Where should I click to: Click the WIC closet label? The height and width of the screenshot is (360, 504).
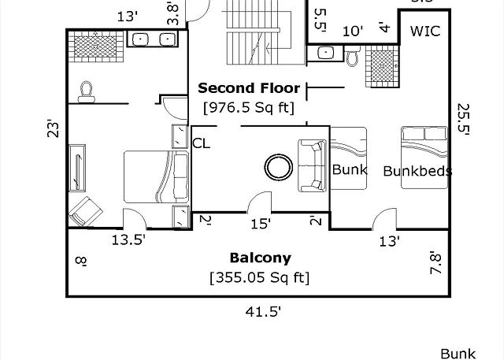pyautogui.click(x=425, y=32)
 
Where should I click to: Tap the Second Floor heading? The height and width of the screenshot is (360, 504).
pyautogui.click(x=249, y=87)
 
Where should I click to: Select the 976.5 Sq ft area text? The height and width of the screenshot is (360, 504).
pyautogui.click(x=249, y=107)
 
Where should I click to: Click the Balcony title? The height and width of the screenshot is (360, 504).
pyautogui.click(x=261, y=258)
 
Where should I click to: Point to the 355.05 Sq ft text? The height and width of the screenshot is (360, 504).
pyautogui.click(x=260, y=277)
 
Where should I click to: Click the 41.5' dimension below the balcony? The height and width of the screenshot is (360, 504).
pyautogui.click(x=263, y=311)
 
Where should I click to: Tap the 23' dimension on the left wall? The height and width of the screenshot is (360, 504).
pyautogui.click(x=54, y=128)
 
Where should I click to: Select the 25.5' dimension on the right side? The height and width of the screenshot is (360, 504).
pyautogui.click(x=463, y=119)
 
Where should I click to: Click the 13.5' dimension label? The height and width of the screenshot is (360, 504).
pyautogui.click(x=128, y=239)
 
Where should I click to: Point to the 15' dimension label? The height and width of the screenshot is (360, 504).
pyautogui.click(x=261, y=224)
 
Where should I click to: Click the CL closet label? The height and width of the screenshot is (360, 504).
pyautogui.click(x=202, y=143)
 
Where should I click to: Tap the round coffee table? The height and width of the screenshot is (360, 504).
pyautogui.click(x=278, y=167)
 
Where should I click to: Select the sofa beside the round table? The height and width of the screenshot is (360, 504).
pyautogui.click(x=312, y=165)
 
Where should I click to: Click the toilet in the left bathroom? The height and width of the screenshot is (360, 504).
pyautogui.click(x=86, y=92)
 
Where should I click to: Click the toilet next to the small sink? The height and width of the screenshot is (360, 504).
pyautogui.click(x=353, y=56)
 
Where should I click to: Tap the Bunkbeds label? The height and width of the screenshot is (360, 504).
pyautogui.click(x=417, y=171)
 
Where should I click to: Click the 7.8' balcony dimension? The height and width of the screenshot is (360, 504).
pyautogui.click(x=435, y=262)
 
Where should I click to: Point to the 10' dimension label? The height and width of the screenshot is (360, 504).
pyautogui.click(x=353, y=32)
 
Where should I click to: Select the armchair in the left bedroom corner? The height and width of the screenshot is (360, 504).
pyautogui.click(x=86, y=211)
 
